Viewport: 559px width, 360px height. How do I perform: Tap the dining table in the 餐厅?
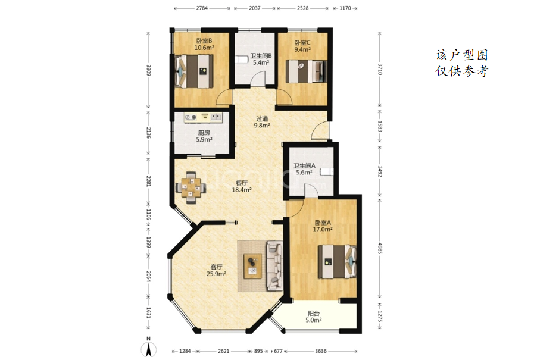[x=191, y=187]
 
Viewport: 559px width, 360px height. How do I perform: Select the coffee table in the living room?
[x=253, y=266]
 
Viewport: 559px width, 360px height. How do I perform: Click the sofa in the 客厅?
[x=274, y=265]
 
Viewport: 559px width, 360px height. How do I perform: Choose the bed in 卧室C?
[x=307, y=71]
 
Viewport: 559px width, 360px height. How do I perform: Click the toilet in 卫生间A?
[x=326, y=172]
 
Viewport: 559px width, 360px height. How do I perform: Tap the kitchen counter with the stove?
[x=203, y=117]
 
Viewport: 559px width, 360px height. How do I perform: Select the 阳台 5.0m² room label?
[x=313, y=317]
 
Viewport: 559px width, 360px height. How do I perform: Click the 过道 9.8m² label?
[x=262, y=122]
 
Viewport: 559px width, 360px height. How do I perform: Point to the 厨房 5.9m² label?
[x=204, y=136]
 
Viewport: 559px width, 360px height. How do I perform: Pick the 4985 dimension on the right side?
[x=380, y=248]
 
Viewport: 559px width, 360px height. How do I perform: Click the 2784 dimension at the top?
[x=202, y=8]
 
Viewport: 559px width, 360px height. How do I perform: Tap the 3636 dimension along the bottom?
[x=320, y=351]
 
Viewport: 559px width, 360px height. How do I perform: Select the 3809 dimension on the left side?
[x=149, y=70]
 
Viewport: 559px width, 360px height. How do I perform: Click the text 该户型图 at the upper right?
[x=461, y=55]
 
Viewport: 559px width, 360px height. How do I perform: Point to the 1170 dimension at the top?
[x=345, y=8]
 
